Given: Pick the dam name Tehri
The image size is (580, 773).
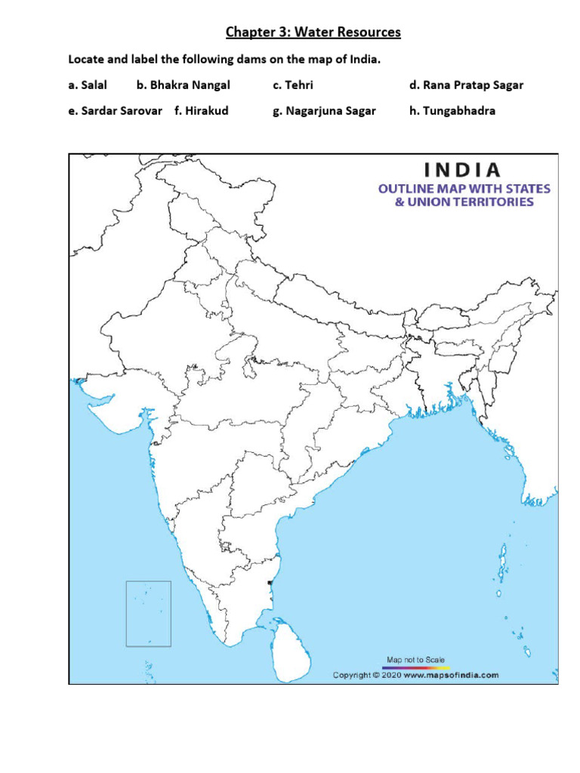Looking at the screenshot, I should click(298, 85).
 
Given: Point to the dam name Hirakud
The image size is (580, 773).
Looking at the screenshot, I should click(206, 110).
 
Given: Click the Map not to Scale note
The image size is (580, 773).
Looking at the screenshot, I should click(415, 660).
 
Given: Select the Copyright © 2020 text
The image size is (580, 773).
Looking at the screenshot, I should click(367, 676).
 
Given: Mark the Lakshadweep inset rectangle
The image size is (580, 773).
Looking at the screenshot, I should click(148, 613).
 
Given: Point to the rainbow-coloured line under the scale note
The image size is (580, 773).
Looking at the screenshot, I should click(415, 668).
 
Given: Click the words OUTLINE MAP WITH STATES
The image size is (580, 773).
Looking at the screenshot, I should click(464, 188).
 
